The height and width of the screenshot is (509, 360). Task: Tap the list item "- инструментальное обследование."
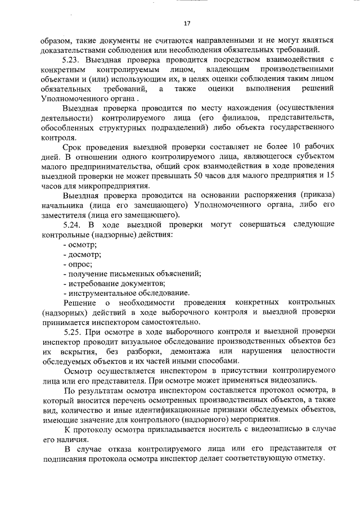pyautogui.click(x=126, y=292)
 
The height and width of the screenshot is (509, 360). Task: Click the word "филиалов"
pyautogui.click(x=240, y=118)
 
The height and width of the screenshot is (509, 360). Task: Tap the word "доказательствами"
pyautogui.click(x=63, y=49)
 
